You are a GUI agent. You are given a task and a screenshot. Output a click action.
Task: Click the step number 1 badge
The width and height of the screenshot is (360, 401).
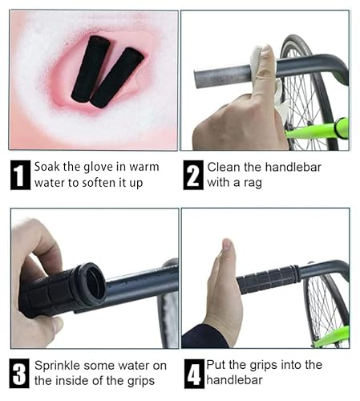coord(20,175)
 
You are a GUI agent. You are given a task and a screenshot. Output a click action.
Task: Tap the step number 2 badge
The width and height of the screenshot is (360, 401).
coord(193,175)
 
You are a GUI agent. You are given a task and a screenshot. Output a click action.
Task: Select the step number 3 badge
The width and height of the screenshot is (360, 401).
coord(20,373)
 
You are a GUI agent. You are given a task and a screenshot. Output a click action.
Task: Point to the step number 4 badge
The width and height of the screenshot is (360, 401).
coord(193,373)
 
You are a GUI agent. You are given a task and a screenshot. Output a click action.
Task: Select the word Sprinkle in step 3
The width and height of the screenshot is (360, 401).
coord(59,365)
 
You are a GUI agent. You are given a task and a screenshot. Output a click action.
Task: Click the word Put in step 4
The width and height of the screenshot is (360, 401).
coord(217,365)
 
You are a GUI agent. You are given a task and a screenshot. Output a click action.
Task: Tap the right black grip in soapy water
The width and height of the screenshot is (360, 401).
coord(117,78)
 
